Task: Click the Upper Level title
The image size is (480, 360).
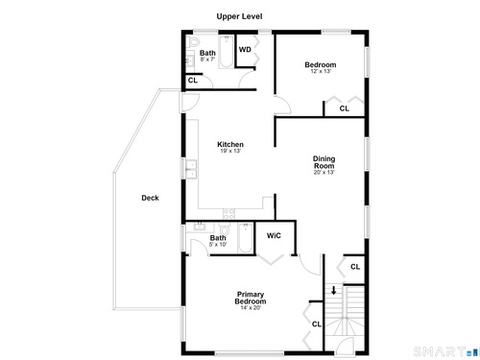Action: [x=239, y=16]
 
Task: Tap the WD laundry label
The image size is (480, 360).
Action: [x=245, y=50]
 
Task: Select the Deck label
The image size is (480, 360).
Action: [x=150, y=198]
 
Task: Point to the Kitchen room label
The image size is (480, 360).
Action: [x=230, y=144]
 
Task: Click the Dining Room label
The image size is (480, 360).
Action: [x=324, y=162]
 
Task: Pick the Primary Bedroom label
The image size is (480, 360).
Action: [x=251, y=298]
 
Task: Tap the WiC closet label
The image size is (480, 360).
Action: [x=274, y=236]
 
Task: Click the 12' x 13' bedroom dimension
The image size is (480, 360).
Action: [x=321, y=71]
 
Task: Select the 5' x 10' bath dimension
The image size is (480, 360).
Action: [x=218, y=245]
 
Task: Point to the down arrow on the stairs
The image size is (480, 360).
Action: [x=334, y=290]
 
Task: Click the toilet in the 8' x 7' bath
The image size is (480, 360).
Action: [x=193, y=41]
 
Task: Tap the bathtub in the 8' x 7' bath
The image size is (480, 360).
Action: [x=227, y=52]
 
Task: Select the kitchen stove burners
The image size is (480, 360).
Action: [x=228, y=214]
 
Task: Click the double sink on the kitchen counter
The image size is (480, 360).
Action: [x=191, y=169]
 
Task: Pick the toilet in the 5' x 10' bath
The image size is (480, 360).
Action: [x=225, y=229]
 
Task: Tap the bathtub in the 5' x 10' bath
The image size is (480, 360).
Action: [x=246, y=238]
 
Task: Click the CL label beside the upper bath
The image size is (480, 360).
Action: [x=193, y=80]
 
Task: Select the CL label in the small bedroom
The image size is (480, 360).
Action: [x=345, y=108]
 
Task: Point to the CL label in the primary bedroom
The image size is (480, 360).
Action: [x=317, y=324]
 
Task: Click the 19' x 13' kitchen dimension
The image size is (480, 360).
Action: [x=230, y=151]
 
